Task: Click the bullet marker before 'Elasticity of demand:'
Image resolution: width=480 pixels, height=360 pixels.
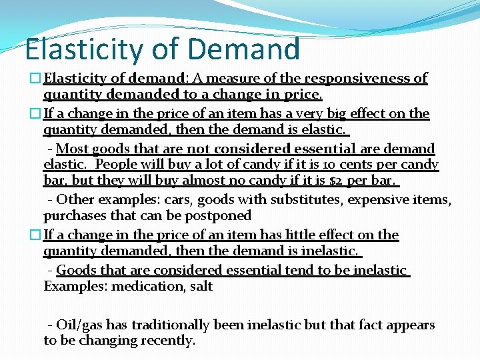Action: (37, 79)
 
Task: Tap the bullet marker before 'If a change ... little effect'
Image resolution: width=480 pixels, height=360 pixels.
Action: (37, 235)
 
